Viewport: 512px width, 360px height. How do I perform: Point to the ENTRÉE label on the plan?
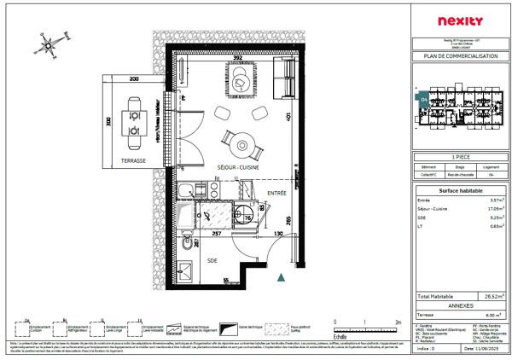pos(276,194)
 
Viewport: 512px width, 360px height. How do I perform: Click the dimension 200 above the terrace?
pos(134,78)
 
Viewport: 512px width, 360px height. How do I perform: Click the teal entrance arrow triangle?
pos(281,276)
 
